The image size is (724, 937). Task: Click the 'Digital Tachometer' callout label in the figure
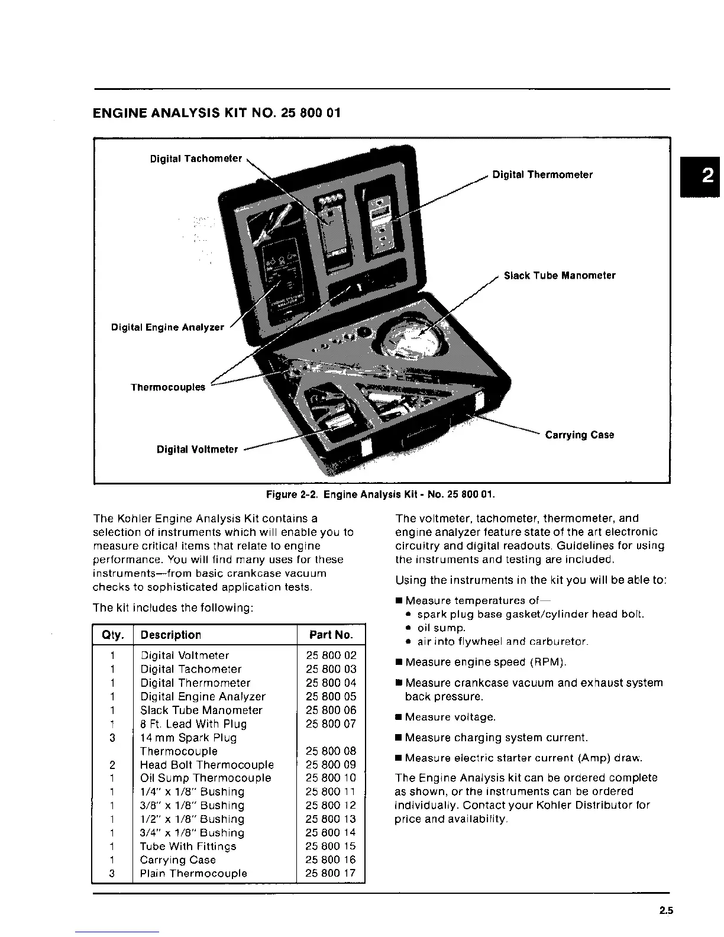click(x=196, y=159)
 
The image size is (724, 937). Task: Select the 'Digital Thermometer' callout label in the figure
click(x=542, y=175)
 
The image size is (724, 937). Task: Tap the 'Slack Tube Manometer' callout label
click(x=560, y=276)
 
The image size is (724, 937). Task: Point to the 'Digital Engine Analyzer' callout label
click(x=167, y=328)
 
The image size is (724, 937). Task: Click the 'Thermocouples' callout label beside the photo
click(x=168, y=387)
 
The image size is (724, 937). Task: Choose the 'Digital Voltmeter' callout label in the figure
click(x=197, y=450)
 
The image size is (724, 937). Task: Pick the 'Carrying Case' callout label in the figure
click(x=580, y=435)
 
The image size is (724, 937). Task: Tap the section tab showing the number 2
click(x=707, y=176)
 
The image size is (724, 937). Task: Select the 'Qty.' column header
click(x=113, y=635)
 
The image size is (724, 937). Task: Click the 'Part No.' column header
click(x=331, y=635)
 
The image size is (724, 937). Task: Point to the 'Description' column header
click(x=171, y=635)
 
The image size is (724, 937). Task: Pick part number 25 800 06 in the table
click(x=331, y=710)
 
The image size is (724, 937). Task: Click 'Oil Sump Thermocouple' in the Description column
click(x=206, y=778)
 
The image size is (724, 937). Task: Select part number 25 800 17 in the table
click(x=331, y=874)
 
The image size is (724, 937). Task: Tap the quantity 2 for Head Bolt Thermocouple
click(x=112, y=765)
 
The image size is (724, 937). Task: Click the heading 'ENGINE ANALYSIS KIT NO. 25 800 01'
click(x=217, y=112)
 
